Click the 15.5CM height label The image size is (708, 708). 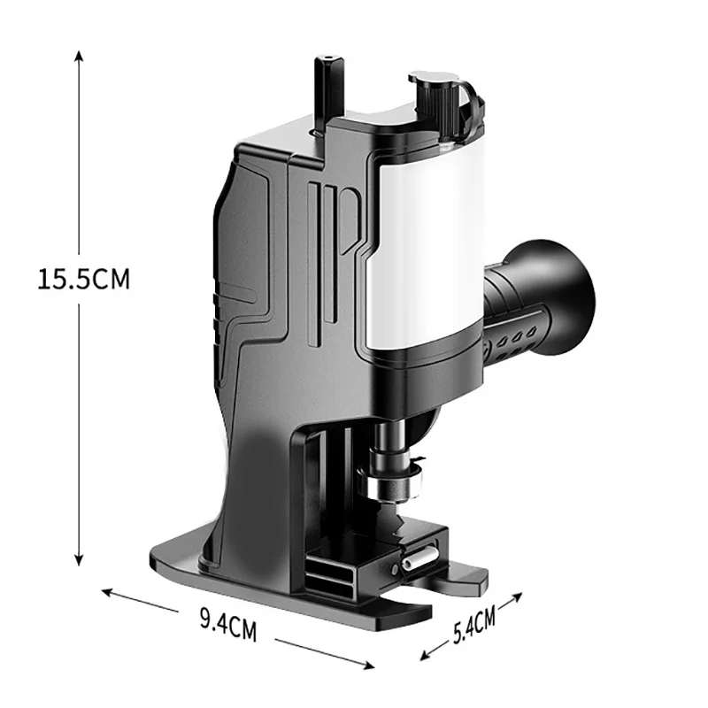[83, 279]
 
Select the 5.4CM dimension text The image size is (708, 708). [474, 625]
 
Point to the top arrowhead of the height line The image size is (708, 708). [79, 55]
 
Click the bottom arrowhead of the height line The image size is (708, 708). [79, 560]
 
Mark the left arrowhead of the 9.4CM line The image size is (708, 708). [107, 591]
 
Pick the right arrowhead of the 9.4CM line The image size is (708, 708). [369, 665]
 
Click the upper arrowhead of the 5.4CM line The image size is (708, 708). [517, 596]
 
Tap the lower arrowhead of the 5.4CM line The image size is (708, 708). [426, 656]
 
